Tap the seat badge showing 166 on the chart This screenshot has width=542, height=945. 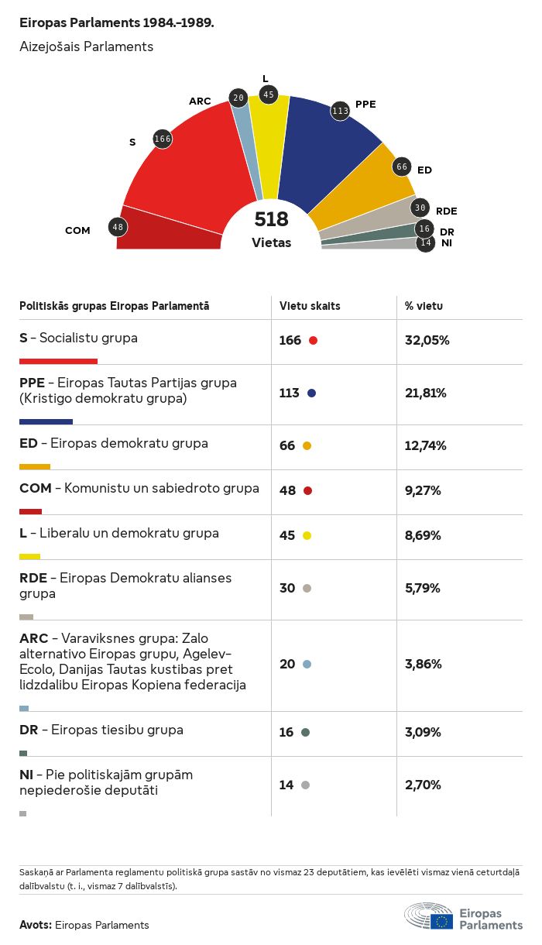coord(163,139)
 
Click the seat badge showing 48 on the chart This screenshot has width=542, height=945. coord(118,227)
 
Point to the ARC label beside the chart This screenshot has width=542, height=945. coord(200,101)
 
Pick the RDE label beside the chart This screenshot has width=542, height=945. coord(446,211)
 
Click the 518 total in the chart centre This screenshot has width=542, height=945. coord(271,220)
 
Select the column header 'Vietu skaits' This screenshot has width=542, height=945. coord(310,306)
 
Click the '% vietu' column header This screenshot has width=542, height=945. coord(424,306)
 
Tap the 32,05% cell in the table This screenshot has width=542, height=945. coord(427,340)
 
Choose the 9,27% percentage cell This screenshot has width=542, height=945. coord(423,490)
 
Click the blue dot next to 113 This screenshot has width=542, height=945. coord(311,393)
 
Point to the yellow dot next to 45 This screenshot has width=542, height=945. coord(307,535)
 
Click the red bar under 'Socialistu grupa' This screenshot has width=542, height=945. coord(58,361)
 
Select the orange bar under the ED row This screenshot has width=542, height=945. coord(35,466)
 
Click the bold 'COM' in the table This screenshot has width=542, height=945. coord(35,488)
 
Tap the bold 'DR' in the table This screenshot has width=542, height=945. coord(29,730)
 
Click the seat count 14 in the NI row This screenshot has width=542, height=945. coord(286,785)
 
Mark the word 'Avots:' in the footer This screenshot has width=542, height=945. coord(36,925)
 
